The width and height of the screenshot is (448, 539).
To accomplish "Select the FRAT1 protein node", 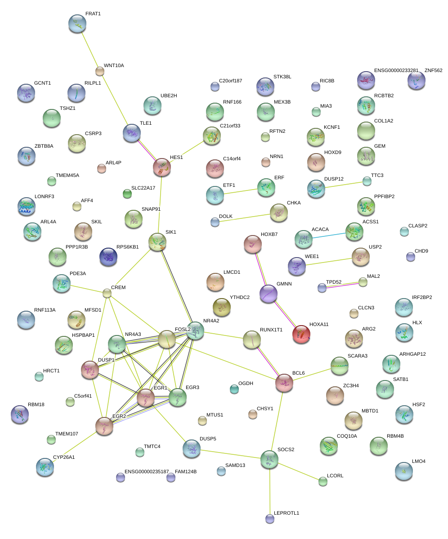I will [x=77, y=23].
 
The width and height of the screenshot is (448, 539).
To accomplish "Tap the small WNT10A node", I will [x=100, y=71].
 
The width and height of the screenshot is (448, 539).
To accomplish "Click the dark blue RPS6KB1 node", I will [x=108, y=257].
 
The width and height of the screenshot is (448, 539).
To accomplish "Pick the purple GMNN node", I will [x=269, y=294].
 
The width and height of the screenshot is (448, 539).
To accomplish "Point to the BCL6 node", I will [x=284, y=383].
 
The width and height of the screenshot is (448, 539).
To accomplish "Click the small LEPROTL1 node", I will [x=269, y=519].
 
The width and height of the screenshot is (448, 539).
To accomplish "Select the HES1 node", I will [x=162, y=167].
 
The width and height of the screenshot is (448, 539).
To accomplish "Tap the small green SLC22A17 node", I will [x=127, y=194].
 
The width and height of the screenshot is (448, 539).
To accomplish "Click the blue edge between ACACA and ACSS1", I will [x=329, y=234].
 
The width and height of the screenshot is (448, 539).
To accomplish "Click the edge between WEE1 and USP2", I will [x=328, y=262].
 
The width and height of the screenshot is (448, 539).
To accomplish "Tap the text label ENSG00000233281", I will [x=396, y=71].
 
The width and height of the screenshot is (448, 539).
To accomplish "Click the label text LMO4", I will [x=418, y=462].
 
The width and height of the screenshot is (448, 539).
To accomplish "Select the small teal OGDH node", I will [x=234, y=389].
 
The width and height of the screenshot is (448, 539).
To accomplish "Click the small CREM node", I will [x=107, y=294].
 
